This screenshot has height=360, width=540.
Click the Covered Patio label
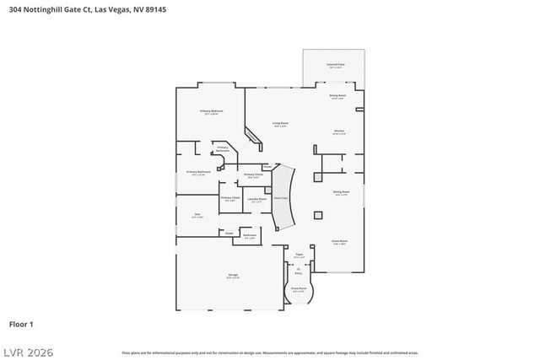(334, 65)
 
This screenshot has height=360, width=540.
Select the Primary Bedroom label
(211, 112)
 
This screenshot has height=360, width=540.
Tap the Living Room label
(279, 125)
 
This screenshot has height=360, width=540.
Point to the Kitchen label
(338, 132)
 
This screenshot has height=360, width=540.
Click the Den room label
(197, 215)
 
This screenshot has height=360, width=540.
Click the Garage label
(233, 276)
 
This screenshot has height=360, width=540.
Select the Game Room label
(339, 241)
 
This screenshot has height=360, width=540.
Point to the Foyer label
(299, 254)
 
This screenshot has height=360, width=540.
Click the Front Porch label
(299, 289)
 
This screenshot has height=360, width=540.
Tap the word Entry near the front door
(298, 273)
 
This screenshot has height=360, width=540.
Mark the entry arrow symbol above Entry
(298, 266)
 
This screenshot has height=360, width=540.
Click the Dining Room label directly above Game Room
(342, 192)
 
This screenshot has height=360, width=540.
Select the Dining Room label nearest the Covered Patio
(337, 96)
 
